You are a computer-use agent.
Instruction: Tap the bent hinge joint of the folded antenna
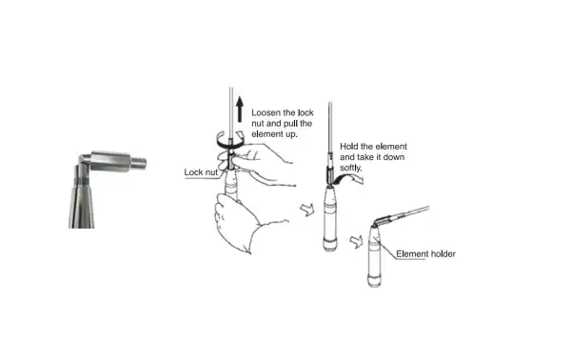click(x=381, y=223)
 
